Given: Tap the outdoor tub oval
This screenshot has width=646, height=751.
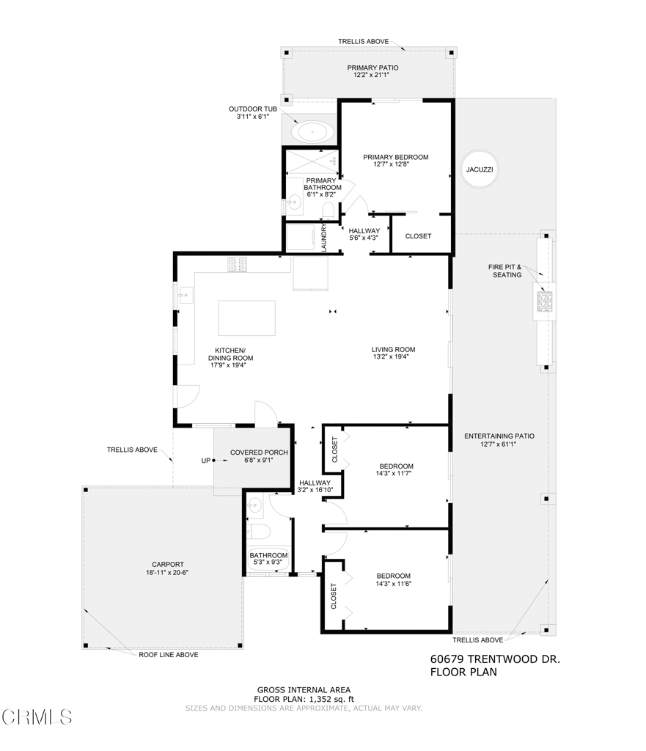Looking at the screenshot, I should click(x=313, y=133).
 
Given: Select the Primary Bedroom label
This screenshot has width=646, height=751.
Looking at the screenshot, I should click(x=395, y=157).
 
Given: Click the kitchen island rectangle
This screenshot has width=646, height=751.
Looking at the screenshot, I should click(x=246, y=318).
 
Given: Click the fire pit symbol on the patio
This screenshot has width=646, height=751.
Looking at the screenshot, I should click(x=544, y=301).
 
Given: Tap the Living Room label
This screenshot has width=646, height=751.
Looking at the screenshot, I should click(x=393, y=350).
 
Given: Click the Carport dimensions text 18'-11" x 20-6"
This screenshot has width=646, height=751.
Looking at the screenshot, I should click(x=168, y=572).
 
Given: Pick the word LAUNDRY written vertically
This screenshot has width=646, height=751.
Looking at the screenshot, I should click(x=324, y=238).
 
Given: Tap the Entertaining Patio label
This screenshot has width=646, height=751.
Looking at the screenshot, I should click(x=499, y=436).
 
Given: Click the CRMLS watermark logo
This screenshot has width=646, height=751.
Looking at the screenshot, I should click(x=37, y=716).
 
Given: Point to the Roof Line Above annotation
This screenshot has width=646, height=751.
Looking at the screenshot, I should click(x=168, y=655).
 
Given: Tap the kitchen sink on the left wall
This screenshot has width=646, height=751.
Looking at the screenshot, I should click(x=186, y=296).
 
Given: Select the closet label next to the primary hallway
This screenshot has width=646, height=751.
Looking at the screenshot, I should click(x=418, y=236).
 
